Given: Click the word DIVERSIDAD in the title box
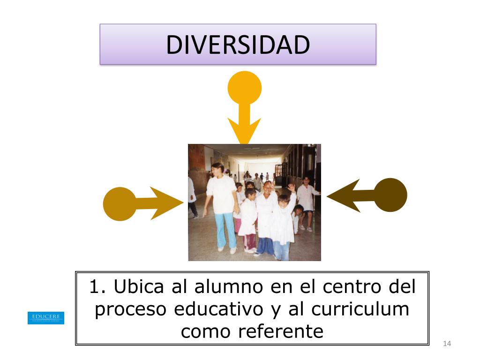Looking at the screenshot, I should [x=238, y=45].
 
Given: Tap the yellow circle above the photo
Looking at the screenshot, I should [x=244, y=88].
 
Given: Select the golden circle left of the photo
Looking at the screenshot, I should [x=119, y=204].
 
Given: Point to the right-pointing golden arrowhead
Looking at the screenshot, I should [x=166, y=203].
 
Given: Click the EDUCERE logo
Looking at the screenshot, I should [x=46, y=317].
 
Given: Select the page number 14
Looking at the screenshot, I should [x=446, y=345].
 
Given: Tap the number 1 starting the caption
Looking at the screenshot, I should [x=95, y=286].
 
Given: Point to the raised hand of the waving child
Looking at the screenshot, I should [x=291, y=188].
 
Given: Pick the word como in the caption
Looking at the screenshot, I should [x=205, y=331].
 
